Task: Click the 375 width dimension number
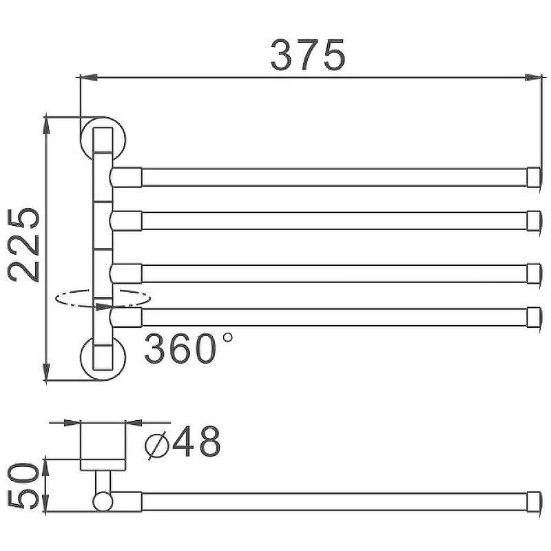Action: point(308,55)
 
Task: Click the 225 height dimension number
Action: point(23,245)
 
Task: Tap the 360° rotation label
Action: point(188,348)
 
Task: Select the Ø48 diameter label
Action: point(183,441)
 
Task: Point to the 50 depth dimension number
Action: point(23,486)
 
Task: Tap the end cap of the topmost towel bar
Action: point(534,177)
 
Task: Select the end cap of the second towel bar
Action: point(534,220)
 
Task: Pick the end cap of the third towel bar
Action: point(534,273)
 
